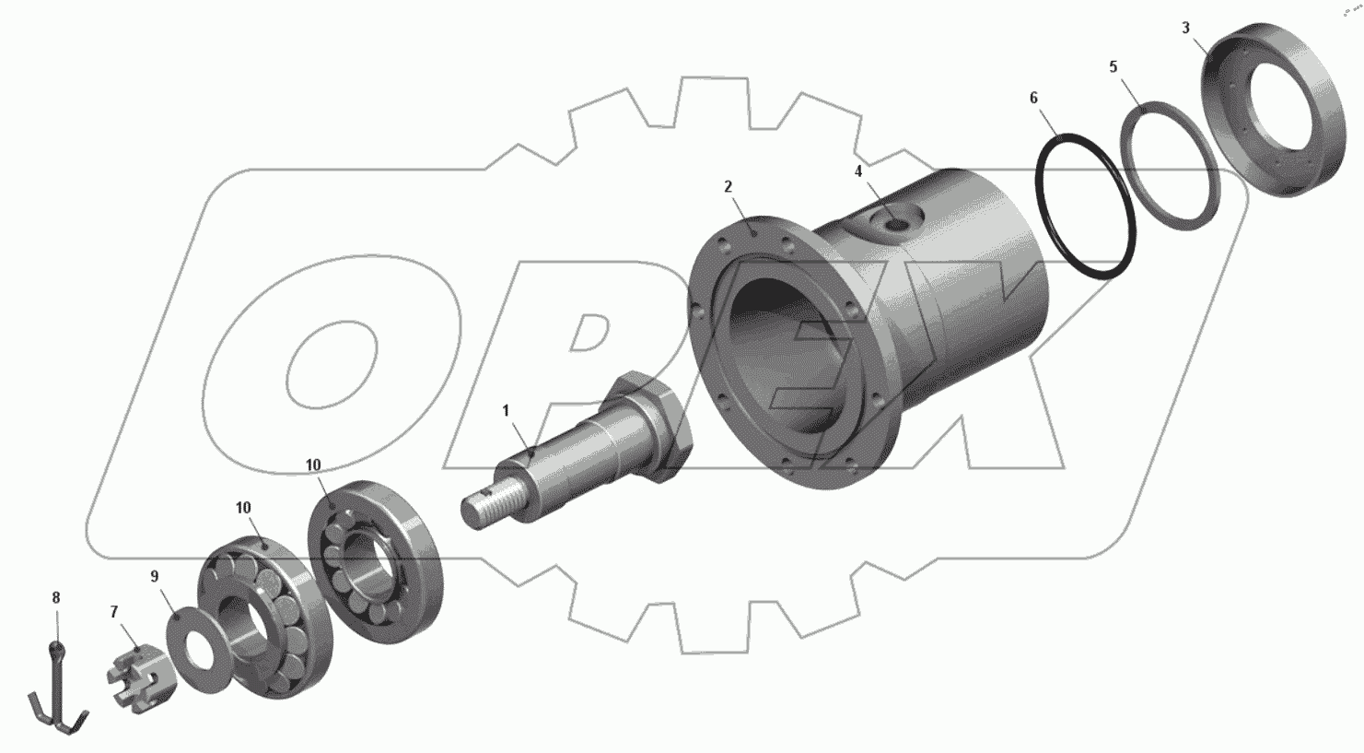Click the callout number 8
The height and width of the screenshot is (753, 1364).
[56, 597]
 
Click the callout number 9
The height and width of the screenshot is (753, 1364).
[154, 576]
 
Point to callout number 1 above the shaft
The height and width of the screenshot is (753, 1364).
[506, 411]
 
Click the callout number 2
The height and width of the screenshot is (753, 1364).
[729, 187]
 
